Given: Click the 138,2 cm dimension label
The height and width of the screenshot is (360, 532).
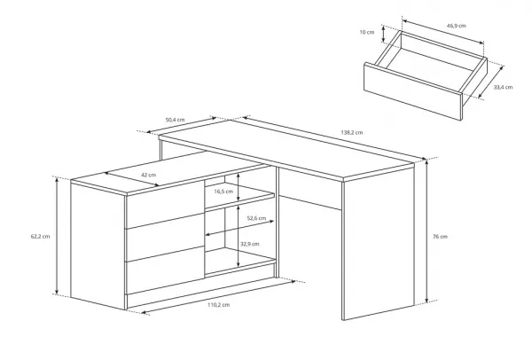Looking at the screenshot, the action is (351, 132).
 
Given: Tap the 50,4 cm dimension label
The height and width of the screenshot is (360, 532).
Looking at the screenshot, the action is (175, 120).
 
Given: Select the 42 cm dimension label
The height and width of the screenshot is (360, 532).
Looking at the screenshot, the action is (149, 175).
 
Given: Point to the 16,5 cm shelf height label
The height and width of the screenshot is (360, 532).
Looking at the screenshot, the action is (223, 192).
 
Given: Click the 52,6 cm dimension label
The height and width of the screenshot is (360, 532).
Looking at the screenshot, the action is (256, 218).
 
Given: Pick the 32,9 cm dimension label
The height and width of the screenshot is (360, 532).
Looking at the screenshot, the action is (250, 244).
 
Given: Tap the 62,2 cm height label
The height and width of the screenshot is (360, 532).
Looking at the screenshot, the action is (41, 237).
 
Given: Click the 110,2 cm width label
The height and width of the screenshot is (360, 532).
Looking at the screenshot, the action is (218, 305).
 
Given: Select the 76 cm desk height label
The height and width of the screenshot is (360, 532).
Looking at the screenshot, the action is (440, 237).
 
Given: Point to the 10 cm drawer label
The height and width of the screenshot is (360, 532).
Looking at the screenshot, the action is (367, 32).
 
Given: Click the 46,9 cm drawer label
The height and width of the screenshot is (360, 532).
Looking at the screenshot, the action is (456, 26).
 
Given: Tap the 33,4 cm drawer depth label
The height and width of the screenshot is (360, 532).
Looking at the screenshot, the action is (503, 87).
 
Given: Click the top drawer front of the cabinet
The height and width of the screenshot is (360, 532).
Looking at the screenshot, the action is (165, 204).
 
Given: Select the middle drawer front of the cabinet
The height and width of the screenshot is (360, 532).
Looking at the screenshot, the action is (165, 237).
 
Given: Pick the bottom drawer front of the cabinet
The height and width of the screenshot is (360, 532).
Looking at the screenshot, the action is (165, 270).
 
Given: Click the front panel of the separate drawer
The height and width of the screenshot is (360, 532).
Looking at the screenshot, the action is (412, 91).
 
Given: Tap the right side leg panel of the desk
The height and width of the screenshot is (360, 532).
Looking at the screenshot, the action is (379, 241).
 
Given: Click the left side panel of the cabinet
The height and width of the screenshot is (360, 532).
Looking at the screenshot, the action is (98, 246).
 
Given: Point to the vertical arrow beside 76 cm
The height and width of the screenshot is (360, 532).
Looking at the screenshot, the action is (426, 230).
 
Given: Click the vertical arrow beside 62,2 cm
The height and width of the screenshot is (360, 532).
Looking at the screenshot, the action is (57, 236).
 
